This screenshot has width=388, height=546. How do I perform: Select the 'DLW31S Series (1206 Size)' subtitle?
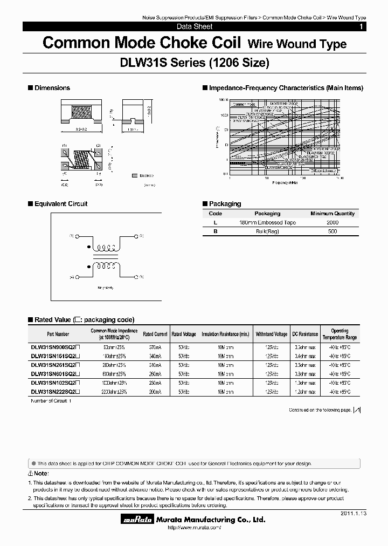pos(193,63)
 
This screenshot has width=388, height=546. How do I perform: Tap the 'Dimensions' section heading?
pos(52,88)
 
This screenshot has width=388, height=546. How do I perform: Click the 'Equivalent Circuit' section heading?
pos(60,204)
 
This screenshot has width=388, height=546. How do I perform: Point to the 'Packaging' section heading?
pos(225,204)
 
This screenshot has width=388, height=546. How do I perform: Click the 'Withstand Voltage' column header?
pos(272,335)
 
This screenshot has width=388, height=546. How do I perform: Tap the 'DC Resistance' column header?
pos(306,335)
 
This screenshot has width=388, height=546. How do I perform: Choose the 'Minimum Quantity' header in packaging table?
pos(332,214)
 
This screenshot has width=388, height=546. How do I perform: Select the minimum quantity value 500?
pos(332,231)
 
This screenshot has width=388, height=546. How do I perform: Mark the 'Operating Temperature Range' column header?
pos(339,335)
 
